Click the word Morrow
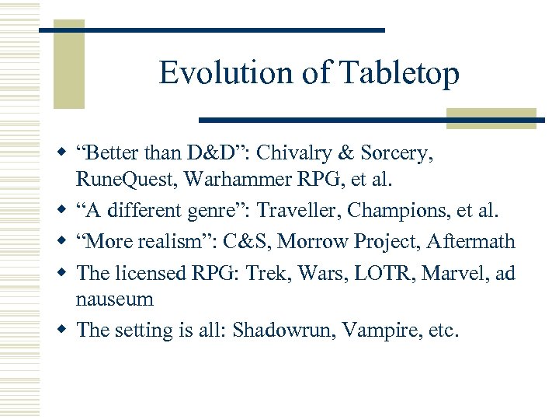(x=311, y=241)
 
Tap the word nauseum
(x=114, y=299)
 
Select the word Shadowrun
(x=283, y=330)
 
